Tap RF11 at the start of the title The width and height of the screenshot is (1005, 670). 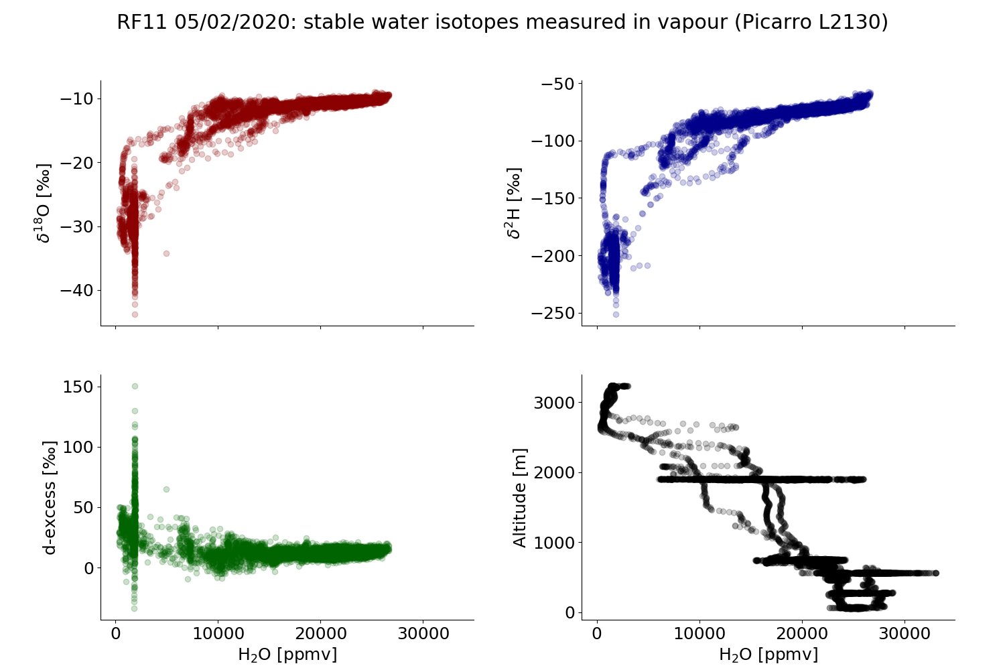click(x=143, y=22)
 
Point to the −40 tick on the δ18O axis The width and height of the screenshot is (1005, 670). click(x=79, y=290)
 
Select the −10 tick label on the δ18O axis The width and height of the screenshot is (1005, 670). click(x=79, y=99)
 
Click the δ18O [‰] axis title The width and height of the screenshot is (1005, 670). click(x=44, y=202)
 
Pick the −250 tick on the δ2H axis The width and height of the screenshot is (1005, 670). click(x=553, y=313)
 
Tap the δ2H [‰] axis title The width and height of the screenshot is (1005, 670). click(x=513, y=202)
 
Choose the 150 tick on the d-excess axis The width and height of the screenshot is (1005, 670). click(x=82, y=387)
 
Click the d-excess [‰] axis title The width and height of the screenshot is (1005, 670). click(x=50, y=497)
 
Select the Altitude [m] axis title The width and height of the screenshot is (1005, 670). click(x=520, y=497)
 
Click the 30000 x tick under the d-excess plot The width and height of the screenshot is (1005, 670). click(x=423, y=634)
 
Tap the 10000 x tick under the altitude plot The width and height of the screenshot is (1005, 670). click(x=699, y=634)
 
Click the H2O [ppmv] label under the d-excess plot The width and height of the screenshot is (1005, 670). click(x=287, y=654)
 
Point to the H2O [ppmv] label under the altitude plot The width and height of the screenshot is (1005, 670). click(x=768, y=654)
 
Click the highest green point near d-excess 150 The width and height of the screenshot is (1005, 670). click(x=135, y=386)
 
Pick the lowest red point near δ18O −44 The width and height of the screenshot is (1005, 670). click(x=135, y=314)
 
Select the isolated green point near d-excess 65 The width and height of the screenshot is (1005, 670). click(x=166, y=489)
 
